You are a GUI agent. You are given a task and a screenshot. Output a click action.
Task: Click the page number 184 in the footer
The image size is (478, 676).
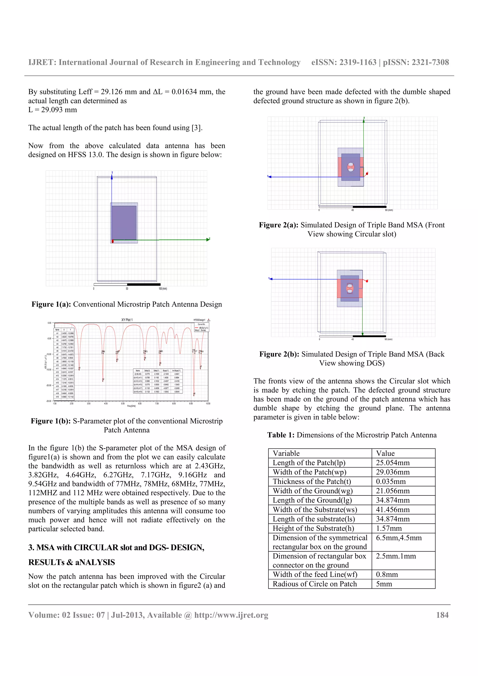pos(442,615)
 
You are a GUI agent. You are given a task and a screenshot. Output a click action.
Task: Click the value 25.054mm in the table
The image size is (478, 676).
pos(393,463)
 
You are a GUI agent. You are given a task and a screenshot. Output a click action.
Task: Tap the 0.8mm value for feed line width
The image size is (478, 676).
pos(387,575)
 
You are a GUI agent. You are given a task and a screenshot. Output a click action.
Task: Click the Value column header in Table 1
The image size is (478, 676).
pos(385,453)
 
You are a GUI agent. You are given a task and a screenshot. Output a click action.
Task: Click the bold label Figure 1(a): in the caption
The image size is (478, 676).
pos(51,304)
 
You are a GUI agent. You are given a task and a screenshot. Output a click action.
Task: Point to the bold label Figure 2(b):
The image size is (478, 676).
pos(279,354)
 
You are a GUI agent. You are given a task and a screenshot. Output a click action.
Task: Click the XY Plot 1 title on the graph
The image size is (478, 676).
pos(127,320)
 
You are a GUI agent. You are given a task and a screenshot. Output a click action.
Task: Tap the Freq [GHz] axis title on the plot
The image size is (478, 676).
pos(131,406)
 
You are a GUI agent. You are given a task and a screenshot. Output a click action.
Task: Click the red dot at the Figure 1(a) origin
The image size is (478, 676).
pos(112,241)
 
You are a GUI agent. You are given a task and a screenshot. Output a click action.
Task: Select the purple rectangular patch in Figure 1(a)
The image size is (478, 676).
pos(124,222)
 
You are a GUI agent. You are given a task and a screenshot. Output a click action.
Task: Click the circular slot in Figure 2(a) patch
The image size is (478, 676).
pos(351,167)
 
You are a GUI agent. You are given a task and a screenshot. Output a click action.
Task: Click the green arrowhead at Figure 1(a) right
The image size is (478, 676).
pos(208,240)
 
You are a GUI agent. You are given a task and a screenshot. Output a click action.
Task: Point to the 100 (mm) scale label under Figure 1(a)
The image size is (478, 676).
pos(163,289)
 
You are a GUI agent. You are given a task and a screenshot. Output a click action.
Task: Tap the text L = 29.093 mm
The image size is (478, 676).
pos(53,110)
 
